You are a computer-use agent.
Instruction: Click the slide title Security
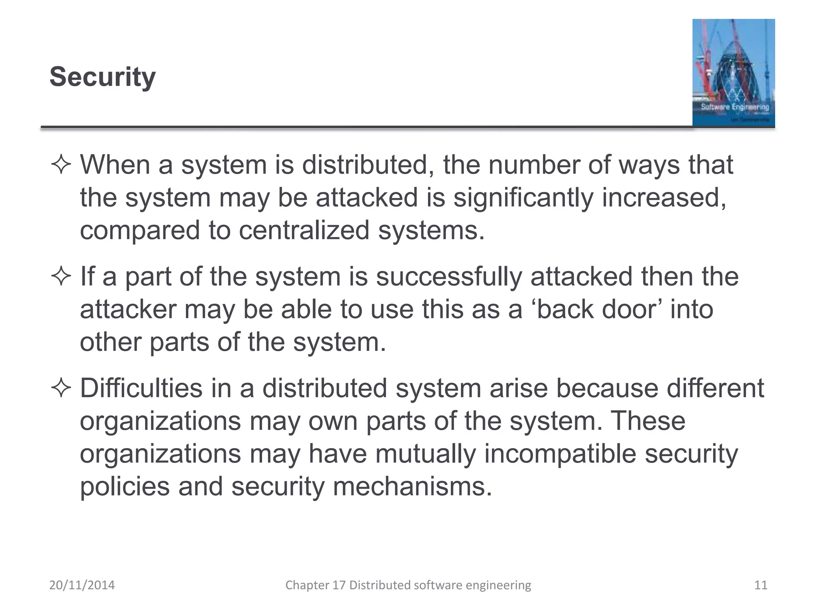(x=103, y=77)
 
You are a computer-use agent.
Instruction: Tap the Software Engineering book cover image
(x=733, y=73)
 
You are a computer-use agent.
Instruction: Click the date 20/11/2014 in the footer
(x=82, y=585)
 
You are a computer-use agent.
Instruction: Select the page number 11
(x=761, y=585)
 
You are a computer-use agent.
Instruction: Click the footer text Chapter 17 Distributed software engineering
(x=408, y=585)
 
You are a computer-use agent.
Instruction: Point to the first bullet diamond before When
(x=61, y=165)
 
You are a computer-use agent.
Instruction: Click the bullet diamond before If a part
(x=61, y=277)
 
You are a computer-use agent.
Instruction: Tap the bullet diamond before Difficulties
(x=61, y=388)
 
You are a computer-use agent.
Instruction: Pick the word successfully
(x=448, y=277)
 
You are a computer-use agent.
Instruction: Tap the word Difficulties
(x=141, y=388)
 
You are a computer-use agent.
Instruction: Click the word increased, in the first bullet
(x=664, y=198)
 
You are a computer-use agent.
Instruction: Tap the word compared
(x=140, y=231)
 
